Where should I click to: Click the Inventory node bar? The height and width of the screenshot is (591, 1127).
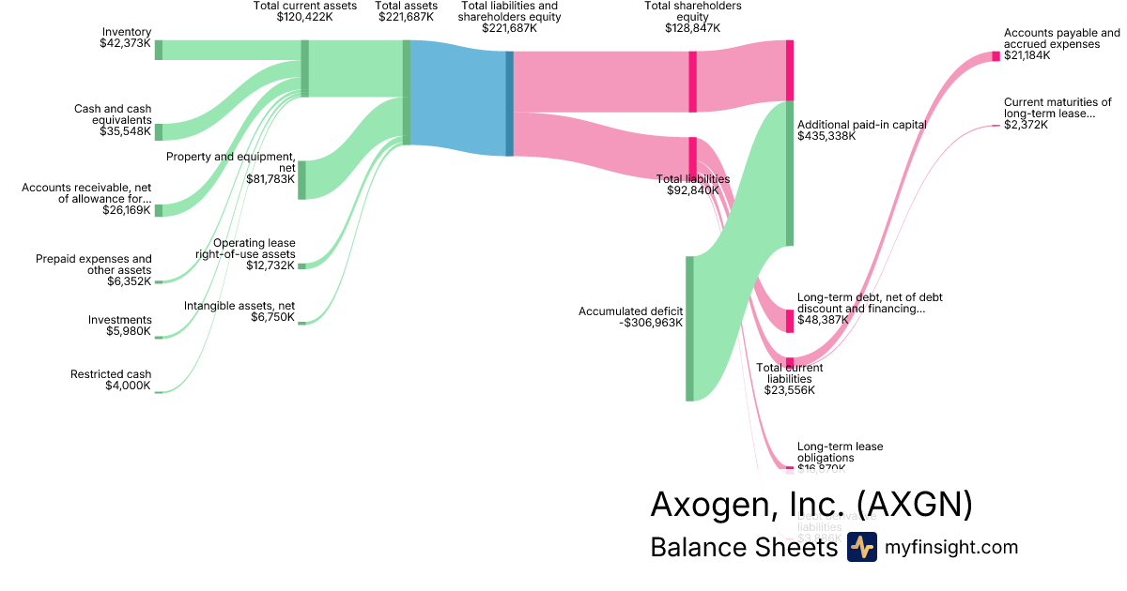click(159, 50)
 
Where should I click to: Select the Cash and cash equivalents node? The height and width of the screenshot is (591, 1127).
click(159, 131)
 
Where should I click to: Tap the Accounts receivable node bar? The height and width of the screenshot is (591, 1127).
click(159, 210)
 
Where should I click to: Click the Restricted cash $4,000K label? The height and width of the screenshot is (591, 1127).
click(110, 380)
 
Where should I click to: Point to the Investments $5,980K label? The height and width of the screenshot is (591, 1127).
click(119, 326)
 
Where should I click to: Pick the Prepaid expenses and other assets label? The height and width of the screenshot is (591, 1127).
click(93, 270)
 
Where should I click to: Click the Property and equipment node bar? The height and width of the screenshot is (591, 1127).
click(302, 179)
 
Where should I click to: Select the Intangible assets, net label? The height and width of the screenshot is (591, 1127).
click(239, 311)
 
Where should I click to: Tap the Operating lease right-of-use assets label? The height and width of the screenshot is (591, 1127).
click(245, 254)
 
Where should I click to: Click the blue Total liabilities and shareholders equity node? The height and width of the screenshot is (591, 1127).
click(510, 103)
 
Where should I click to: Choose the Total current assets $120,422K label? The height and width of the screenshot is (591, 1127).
click(305, 11)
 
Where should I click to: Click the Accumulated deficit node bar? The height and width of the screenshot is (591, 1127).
click(689, 328)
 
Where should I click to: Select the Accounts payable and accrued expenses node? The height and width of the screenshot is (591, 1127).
click(996, 56)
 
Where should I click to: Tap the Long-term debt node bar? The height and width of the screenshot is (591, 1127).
click(790, 321)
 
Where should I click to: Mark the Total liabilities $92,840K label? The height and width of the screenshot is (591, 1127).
click(692, 184)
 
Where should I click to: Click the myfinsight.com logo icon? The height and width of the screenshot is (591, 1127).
click(861, 547)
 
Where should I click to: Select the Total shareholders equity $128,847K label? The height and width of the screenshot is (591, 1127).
click(692, 17)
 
